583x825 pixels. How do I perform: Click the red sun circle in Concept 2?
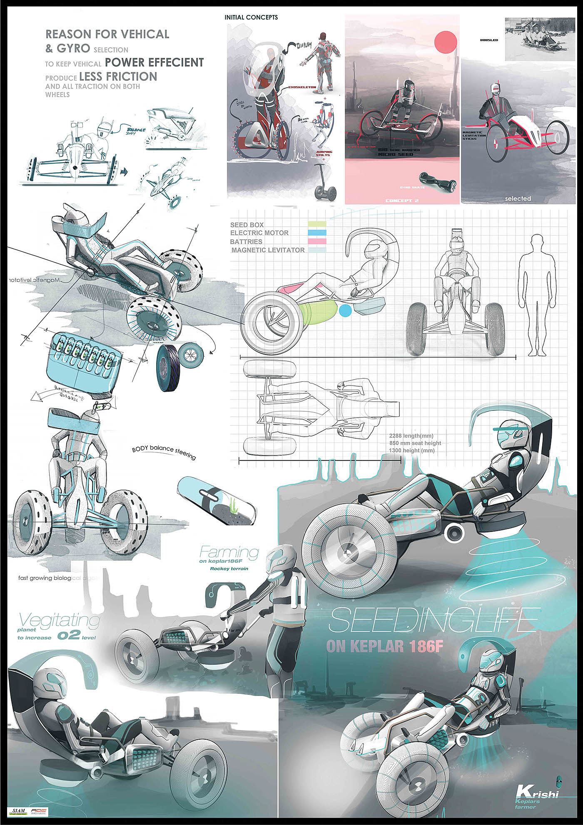pyautogui.click(x=446, y=42)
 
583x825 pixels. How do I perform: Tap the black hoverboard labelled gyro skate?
pyautogui.click(x=437, y=179)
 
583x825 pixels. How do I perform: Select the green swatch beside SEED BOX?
pyautogui.click(x=316, y=225)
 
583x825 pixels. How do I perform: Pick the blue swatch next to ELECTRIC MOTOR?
pyautogui.click(x=316, y=233)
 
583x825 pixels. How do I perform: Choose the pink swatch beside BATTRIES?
pyautogui.click(x=316, y=241)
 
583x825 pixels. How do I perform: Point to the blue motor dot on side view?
pyautogui.click(x=345, y=311)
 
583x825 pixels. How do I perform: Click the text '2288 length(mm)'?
pyautogui.click(x=411, y=436)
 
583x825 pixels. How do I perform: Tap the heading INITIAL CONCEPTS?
pyautogui.click(x=251, y=17)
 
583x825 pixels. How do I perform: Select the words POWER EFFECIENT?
pyautogui.click(x=154, y=62)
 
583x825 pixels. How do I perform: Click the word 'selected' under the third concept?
pyautogui.click(x=518, y=199)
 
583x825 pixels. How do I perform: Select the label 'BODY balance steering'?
pyautogui.click(x=164, y=452)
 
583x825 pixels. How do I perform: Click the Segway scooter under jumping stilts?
pyautogui.click(x=325, y=183)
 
